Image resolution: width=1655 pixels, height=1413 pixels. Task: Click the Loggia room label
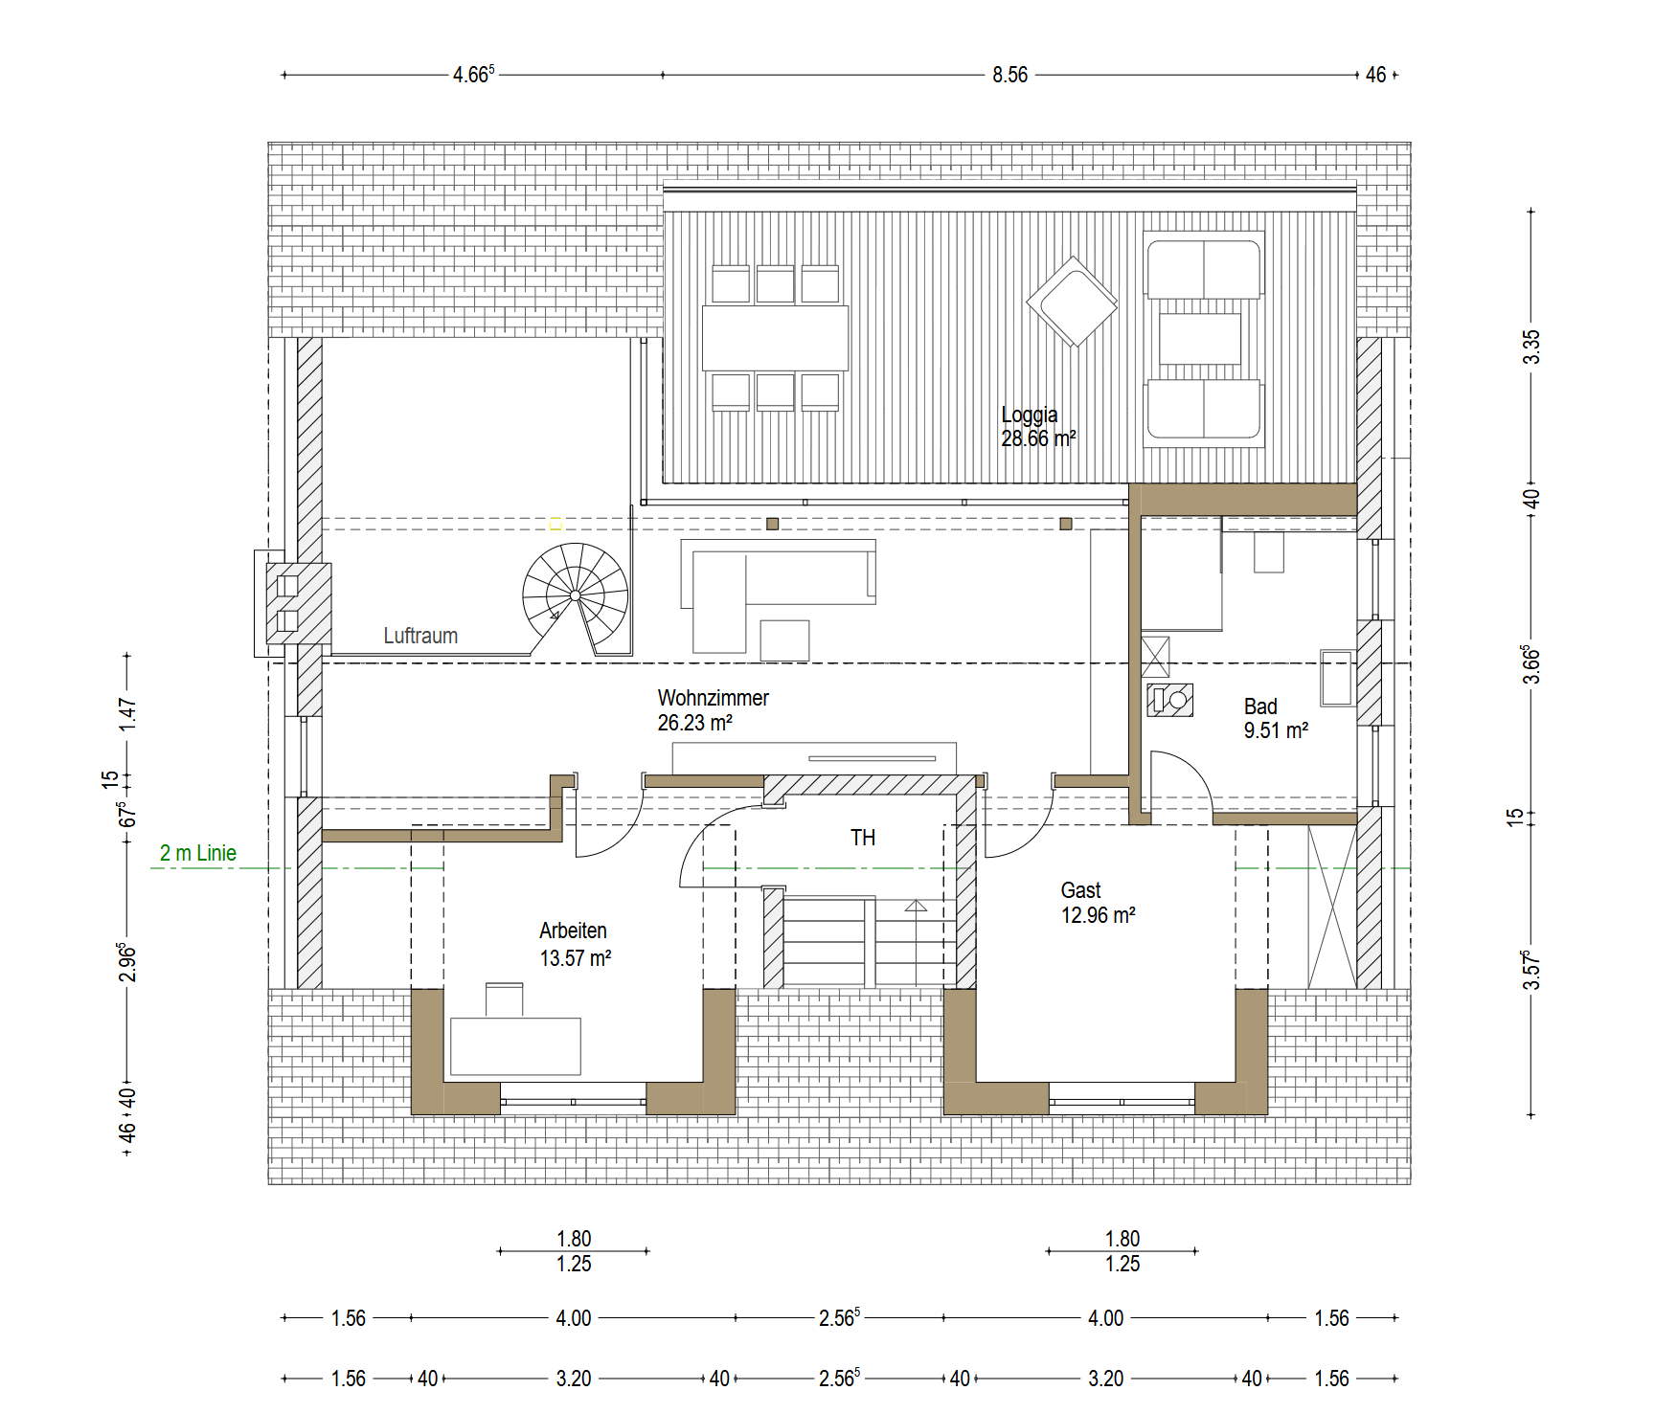pyautogui.click(x=1038, y=427)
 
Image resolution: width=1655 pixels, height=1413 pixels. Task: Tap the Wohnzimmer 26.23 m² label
pyautogui.click(x=713, y=710)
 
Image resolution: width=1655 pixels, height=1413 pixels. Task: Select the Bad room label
pyautogui.click(x=1276, y=718)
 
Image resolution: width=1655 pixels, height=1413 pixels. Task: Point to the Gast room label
pyautogui.click(x=1098, y=903)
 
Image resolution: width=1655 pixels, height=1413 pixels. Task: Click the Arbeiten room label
pyautogui.click(x=575, y=944)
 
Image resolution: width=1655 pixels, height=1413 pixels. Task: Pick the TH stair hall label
pyautogui.click(x=863, y=838)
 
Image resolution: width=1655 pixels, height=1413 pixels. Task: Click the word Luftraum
pyautogui.click(x=420, y=636)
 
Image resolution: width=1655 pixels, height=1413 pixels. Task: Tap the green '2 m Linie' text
pyautogui.click(x=198, y=853)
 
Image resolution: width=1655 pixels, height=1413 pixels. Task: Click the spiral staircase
pyautogui.click(x=576, y=596)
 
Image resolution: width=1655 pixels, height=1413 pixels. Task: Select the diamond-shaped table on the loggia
pyautogui.click(x=1072, y=302)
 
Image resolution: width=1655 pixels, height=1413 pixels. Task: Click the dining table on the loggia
pyautogui.click(x=775, y=338)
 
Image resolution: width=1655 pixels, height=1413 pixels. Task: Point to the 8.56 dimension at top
pyautogui.click(x=1009, y=75)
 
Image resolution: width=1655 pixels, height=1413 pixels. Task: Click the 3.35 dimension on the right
pyautogui.click(x=1532, y=347)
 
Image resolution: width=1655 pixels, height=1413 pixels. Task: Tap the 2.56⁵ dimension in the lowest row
pyautogui.click(x=839, y=1378)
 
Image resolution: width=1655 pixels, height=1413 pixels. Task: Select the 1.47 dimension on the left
pyautogui.click(x=127, y=714)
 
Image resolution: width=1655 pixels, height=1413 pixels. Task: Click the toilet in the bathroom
pyautogui.click(x=1170, y=701)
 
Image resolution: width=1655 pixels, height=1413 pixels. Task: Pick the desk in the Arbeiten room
pyautogui.click(x=515, y=1046)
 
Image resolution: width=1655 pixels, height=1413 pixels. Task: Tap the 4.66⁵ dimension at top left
pyautogui.click(x=473, y=75)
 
